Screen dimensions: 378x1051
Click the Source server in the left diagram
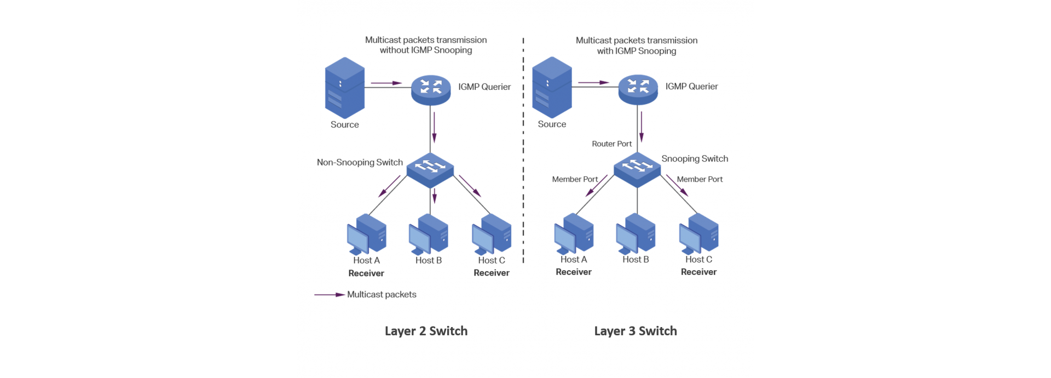[x=344, y=88]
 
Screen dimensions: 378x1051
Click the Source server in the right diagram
[x=552, y=88]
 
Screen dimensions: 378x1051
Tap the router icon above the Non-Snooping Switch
[x=431, y=90]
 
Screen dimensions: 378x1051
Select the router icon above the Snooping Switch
[x=638, y=89]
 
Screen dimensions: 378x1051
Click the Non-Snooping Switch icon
[x=430, y=170]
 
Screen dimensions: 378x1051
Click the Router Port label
[x=611, y=144]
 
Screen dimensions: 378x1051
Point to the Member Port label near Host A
[x=575, y=179]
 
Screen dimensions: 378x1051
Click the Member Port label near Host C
[x=700, y=179]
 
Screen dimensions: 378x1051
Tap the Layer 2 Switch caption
[x=426, y=331]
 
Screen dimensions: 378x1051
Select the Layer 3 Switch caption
[x=636, y=331]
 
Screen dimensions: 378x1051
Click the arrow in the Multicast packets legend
[x=330, y=295]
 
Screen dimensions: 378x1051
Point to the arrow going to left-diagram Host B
[x=434, y=196]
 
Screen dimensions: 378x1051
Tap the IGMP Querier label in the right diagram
[x=691, y=87]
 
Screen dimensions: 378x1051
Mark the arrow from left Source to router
[x=386, y=83]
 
